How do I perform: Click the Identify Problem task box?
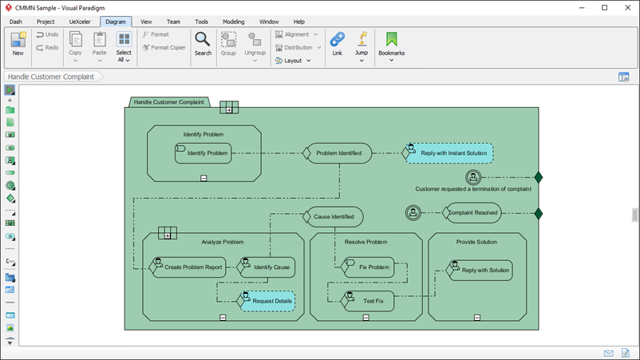203,153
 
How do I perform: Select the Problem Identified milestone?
338,153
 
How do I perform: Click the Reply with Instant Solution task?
449,153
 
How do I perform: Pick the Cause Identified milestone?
334,216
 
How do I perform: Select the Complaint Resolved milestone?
473,212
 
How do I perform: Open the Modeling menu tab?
233,22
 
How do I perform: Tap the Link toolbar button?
337,43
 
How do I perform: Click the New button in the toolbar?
18,43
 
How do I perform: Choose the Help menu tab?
298,22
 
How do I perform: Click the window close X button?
626,7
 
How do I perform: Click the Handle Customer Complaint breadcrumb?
51,77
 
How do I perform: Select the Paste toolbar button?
99,45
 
